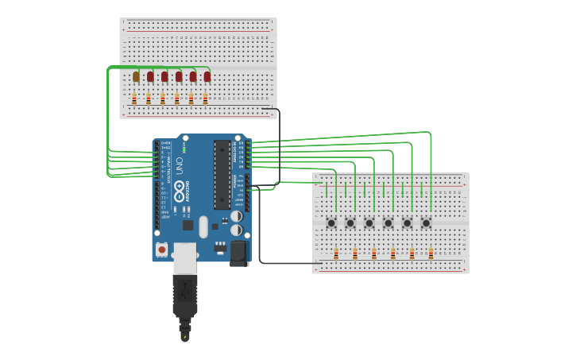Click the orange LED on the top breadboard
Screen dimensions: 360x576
tap(136, 76)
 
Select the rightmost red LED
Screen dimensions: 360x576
tap(207, 76)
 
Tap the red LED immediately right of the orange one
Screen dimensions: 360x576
tap(150, 76)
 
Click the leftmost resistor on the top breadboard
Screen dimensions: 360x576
tap(134, 99)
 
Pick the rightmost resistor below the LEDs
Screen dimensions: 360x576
tap(206, 99)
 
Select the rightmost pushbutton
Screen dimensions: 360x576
tap(427, 223)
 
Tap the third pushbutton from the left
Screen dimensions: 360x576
tap(369, 223)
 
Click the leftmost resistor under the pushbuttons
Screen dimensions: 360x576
tap(336, 254)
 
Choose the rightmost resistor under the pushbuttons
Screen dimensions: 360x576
tap(431, 254)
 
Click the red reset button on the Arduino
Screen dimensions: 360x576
tap(162, 250)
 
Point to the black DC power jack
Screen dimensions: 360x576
tap(238, 253)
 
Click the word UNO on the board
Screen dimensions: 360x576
tap(180, 168)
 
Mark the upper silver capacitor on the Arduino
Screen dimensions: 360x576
tap(237, 215)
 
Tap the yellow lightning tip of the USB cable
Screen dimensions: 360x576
tap(185, 337)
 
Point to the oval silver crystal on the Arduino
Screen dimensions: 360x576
tap(203, 226)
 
